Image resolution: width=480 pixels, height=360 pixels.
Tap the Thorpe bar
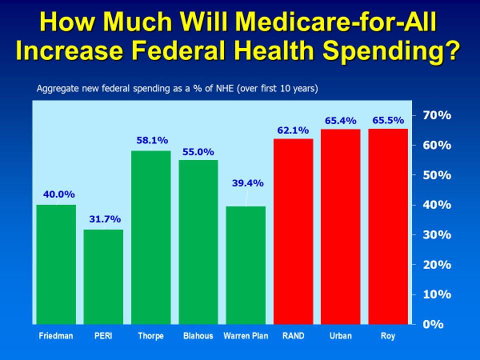(151, 237)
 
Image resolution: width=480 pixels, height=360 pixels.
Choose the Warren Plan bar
(245, 265)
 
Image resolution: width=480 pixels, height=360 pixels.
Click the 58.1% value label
(152, 141)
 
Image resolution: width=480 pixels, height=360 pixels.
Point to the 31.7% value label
(105, 219)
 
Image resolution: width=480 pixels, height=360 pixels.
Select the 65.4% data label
(340, 120)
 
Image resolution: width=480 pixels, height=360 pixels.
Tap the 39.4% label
(247, 183)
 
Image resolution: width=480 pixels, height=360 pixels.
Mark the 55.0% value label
(198, 151)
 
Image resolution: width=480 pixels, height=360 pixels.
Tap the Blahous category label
(198, 336)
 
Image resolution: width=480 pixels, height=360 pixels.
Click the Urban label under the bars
(340, 336)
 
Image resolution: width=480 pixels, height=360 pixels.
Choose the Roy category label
(388, 336)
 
